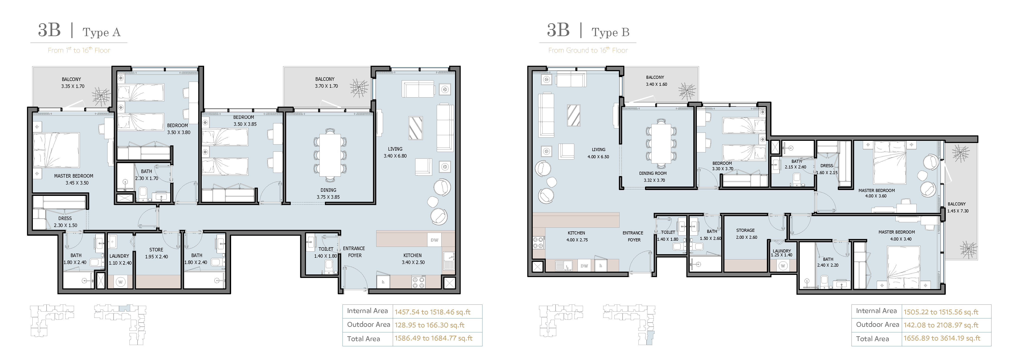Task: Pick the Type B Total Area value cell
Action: tap(942, 338)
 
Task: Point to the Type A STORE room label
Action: tap(156, 250)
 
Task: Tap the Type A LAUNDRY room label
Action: tap(119, 256)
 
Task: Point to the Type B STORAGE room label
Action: tap(745, 230)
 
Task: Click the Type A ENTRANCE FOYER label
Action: tap(354, 252)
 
